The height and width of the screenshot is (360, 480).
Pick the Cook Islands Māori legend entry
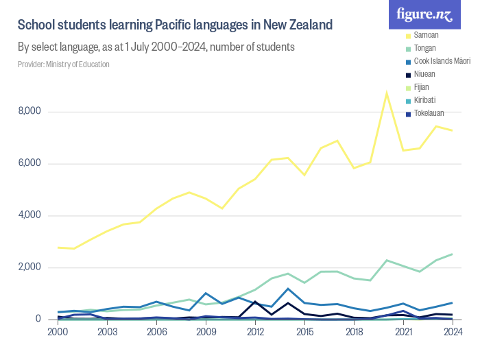click(442, 60)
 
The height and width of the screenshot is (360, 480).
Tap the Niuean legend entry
click(424, 73)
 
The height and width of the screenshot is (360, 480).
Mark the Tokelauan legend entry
click(429, 112)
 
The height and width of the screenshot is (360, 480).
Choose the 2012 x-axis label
click(255, 332)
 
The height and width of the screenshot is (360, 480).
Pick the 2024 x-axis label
click(451, 332)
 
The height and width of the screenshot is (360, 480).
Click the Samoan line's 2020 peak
click(387, 93)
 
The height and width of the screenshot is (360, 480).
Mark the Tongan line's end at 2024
click(451, 254)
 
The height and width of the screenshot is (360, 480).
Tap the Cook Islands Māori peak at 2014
click(288, 289)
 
